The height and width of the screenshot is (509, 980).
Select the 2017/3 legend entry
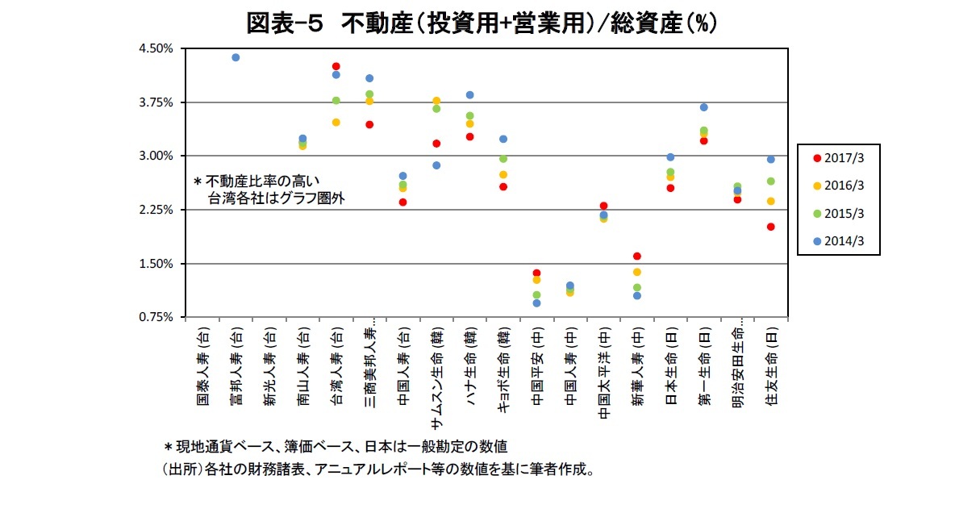click(x=839, y=158)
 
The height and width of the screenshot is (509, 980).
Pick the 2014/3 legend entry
click(x=839, y=240)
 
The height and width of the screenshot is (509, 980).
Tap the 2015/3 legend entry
click(x=839, y=213)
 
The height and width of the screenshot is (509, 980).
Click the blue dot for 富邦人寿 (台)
click(x=236, y=57)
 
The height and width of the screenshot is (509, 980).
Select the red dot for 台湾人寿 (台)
click(x=336, y=66)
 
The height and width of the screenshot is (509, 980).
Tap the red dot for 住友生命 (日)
click(x=770, y=227)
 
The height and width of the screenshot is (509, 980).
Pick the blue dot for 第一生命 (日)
click(x=703, y=107)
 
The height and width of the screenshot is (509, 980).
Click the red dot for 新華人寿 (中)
click(x=636, y=256)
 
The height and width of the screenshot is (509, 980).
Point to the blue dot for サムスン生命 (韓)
click(x=436, y=165)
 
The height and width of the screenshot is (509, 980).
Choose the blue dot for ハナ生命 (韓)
click(x=469, y=95)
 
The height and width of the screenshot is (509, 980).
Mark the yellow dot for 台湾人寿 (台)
click(x=336, y=123)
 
